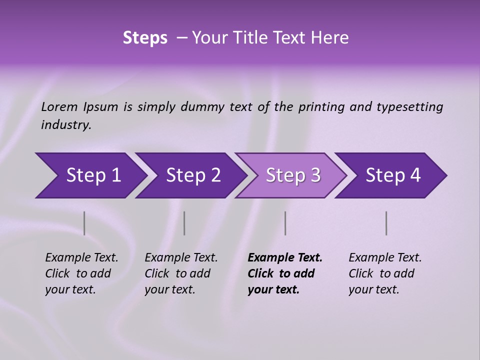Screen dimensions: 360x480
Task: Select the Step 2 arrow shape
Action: (x=192, y=175)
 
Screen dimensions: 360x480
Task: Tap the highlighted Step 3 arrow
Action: (x=292, y=175)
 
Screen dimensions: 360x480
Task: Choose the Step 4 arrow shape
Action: (x=392, y=175)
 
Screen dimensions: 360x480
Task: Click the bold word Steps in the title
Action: (x=145, y=38)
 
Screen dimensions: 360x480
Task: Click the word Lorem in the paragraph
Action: (x=59, y=106)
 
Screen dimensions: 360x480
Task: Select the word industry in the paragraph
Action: (x=65, y=125)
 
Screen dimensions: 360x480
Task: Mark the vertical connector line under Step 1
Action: (x=84, y=223)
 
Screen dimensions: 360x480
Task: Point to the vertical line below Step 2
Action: (x=184, y=223)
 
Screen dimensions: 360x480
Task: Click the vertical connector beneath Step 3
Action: (x=285, y=223)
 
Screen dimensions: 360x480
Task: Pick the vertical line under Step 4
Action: (x=386, y=223)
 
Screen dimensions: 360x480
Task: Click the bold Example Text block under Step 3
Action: (x=284, y=273)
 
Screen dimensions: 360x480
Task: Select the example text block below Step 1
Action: (x=81, y=273)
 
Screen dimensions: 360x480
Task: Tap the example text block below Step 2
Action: (x=181, y=273)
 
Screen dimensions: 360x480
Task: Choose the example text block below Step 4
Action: (x=385, y=273)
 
